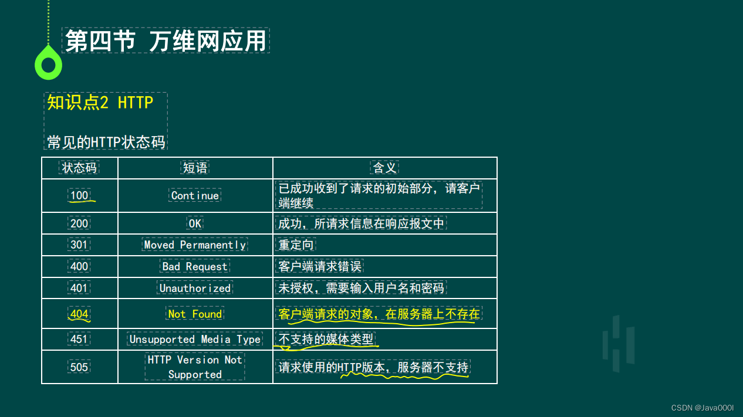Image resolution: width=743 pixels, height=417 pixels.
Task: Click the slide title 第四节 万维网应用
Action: [x=166, y=41]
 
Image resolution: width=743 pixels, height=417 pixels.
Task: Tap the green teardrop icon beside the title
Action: [x=49, y=63]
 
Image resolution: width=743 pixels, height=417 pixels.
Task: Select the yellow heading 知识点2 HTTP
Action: [x=100, y=102]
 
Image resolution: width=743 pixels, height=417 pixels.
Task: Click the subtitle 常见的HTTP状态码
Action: [x=106, y=142]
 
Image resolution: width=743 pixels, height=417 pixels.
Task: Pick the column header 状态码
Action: [x=79, y=167]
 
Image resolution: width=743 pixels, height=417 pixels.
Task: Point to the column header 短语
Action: [x=195, y=167]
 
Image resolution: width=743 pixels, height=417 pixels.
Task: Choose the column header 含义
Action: [x=384, y=167]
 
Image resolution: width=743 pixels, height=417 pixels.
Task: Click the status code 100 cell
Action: [x=79, y=195]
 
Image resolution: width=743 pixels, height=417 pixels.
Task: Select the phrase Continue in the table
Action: [x=195, y=195]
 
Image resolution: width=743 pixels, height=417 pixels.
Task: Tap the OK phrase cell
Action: [x=195, y=223]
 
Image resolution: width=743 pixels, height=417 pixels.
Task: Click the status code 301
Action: [x=79, y=245]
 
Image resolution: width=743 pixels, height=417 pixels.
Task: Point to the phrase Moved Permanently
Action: [x=195, y=245]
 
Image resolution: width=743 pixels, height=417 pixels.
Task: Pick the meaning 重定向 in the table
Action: [x=296, y=245]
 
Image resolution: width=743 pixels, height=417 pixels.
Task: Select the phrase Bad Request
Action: [x=195, y=266]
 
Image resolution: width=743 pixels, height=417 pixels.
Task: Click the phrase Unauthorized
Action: [x=195, y=288]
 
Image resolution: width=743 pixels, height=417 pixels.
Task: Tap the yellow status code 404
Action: [x=79, y=314]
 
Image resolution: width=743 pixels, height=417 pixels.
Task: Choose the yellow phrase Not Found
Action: [x=195, y=314]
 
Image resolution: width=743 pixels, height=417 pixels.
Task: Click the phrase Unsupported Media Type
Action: [x=195, y=340]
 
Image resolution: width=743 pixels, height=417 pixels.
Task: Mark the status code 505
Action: [x=79, y=367]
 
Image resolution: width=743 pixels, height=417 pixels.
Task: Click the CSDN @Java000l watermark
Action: [x=703, y=408]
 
